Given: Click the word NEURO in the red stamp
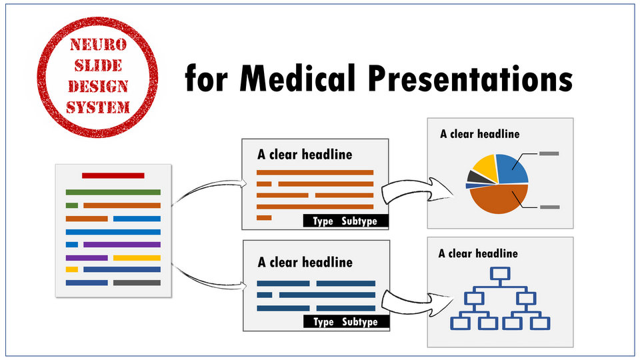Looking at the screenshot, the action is pyautogui.click(x=98, y=45).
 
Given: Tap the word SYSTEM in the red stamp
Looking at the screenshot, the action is pyautogui.click(x=98, y=108).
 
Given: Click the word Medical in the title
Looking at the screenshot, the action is pyautogui.click(x=297, y=79).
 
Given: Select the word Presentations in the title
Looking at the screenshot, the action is pyautogui.click(x=470, y=79).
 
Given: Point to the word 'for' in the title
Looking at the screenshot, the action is pyautogui.click(x=206, y=79).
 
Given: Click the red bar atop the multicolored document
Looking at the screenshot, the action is pyautogui.click(x=113, y=175).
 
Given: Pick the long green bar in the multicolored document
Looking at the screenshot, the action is pyautogui.click(x=113, y=192).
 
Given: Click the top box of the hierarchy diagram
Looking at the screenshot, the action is pyautogui.click(x=500, y=273).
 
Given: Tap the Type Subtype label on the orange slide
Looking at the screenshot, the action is pyautogui.click(x=345, y=221).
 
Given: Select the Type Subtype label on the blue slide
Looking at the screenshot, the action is pyautogui.click(x=345, y=322).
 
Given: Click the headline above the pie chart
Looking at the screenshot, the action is pyautogui.click(x=479, y=134).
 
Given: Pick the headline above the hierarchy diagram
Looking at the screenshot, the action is pyautogui.click(x=478, y=253).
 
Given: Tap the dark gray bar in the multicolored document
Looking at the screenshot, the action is pyautogui.click(x=137, y=283).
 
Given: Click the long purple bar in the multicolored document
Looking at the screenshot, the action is pyautogui.click(x=122, y=245).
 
